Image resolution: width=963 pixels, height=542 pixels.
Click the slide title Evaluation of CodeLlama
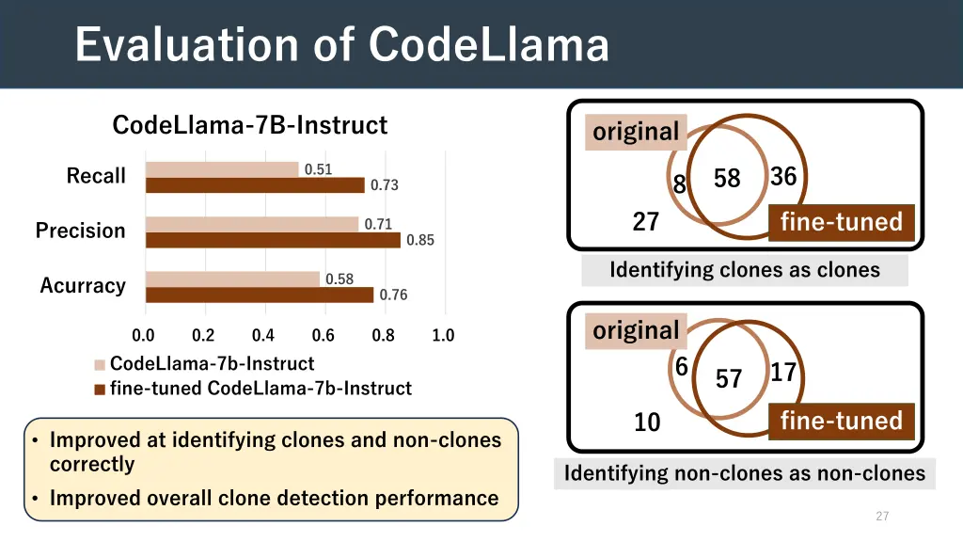click(341, 44)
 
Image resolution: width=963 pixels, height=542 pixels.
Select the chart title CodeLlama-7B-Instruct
click(249, 125)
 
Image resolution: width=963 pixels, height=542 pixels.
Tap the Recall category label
click(95, 176)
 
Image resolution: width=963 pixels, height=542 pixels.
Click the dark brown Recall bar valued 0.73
click(255, 185)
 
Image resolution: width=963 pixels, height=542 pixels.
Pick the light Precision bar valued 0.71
click(252, 224)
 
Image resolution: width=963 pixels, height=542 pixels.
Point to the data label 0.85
click(419, 240)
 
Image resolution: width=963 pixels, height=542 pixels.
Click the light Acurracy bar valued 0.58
click(232, 279)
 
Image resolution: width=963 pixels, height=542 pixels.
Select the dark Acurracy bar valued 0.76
click(260, 295)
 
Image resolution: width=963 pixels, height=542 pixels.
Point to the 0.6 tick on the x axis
click(323, 335)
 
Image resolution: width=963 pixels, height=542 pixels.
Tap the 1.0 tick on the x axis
click(443, 335)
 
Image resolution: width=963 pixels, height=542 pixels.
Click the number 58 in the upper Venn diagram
click(727, 179)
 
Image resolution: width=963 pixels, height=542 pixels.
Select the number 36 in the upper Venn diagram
click(783, 177)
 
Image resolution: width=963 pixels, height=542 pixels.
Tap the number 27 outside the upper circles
click(645, 223)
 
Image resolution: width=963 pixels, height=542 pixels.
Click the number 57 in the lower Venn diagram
click(729, 379)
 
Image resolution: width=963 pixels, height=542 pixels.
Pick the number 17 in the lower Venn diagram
click(783, 374)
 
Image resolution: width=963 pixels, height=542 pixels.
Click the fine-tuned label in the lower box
click(841, 421)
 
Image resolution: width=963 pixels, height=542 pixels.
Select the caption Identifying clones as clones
click(744, 271)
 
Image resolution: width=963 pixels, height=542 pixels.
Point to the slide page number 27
click(881, 516)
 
